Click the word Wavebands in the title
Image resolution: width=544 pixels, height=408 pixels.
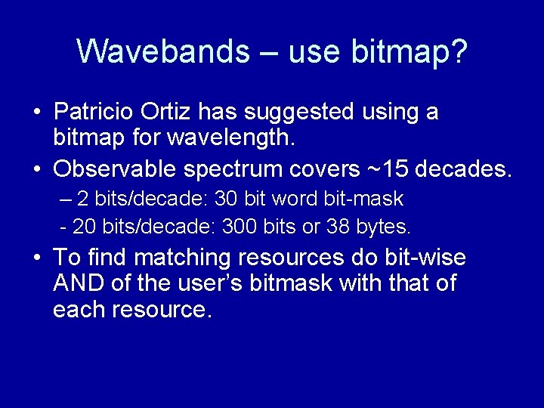pos(162,52)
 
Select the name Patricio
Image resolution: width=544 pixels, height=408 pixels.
pos(94,112)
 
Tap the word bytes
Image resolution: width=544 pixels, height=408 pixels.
pos(385,225)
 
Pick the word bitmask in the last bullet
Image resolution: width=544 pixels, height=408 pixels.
pos(298,284)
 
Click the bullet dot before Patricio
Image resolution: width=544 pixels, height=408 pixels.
pos(37,113)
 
